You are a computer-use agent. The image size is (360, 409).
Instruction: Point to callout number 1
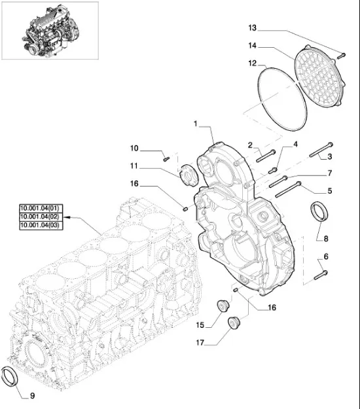click(195, 123)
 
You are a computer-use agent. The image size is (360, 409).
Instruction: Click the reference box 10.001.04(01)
click(39, 208)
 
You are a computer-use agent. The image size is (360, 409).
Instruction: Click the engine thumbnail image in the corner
click(50, 29)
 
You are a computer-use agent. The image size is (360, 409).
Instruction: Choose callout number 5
click(330, 191)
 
